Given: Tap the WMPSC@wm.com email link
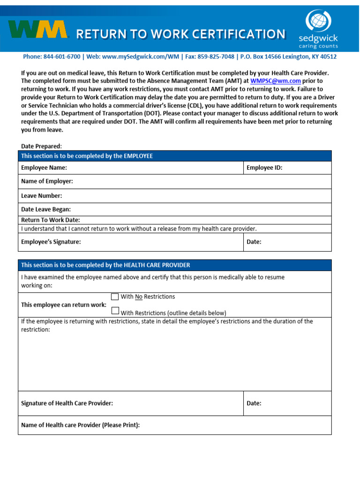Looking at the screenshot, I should point(276,81).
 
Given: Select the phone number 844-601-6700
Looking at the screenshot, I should point(62,57).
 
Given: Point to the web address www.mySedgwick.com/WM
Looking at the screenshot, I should point(140,57).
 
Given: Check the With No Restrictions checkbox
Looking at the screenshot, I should point(115,297).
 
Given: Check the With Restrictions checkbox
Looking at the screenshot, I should point(115,310).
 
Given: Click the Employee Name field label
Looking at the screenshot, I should point(44,167).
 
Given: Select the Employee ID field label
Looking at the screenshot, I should point(264,167).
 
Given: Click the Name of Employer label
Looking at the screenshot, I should point(47,181).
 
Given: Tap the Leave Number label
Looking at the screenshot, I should point(41,195).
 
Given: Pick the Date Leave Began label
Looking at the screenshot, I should point(46,210).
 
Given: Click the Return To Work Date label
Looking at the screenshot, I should point(51,220).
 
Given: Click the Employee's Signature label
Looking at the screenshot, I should point(51,242).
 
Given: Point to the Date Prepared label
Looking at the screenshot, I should point(41,146).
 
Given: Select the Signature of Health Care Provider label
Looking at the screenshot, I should point(67,403).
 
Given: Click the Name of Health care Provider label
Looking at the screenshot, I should point(80,425).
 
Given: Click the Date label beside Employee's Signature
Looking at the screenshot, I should point(254,242).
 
